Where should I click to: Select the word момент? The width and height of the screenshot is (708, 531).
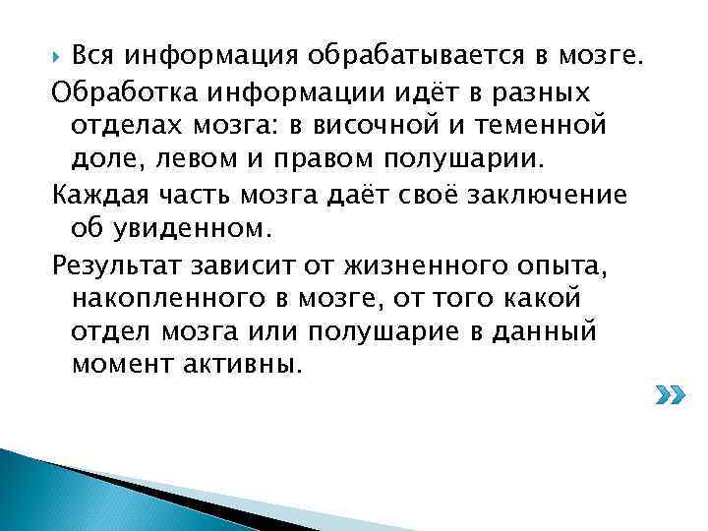(x=120, y=366)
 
